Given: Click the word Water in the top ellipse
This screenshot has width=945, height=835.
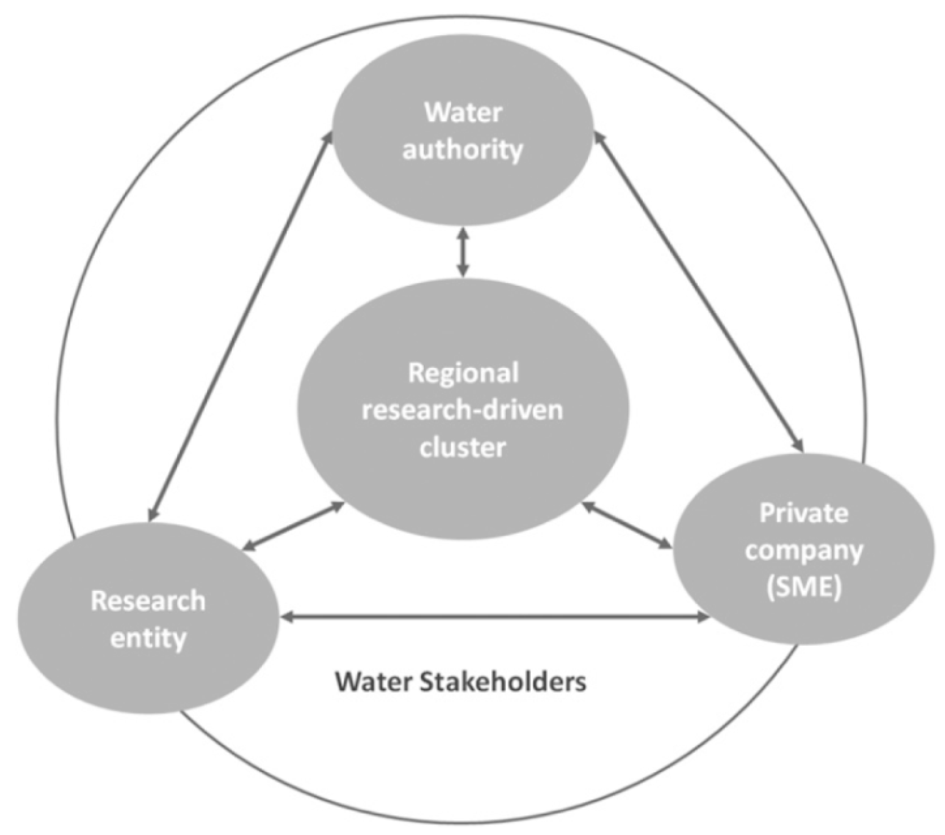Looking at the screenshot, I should [463, 113].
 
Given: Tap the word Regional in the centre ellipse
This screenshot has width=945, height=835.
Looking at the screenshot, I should [463, 373].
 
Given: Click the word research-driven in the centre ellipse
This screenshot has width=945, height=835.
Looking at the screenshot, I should [463, 410].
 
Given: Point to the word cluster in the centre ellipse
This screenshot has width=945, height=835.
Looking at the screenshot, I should [463, 447].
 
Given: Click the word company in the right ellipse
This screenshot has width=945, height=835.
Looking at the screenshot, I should [804, 551].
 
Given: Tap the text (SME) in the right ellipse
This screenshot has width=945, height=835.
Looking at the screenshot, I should [804, 588].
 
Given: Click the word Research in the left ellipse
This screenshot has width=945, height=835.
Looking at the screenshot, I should [148, 601].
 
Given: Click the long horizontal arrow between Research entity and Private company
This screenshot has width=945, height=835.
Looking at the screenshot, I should [495, 616].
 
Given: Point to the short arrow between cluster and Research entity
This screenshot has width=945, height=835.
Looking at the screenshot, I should [293, 527].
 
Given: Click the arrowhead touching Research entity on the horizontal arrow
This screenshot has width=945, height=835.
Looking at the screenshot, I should [286, 616].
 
